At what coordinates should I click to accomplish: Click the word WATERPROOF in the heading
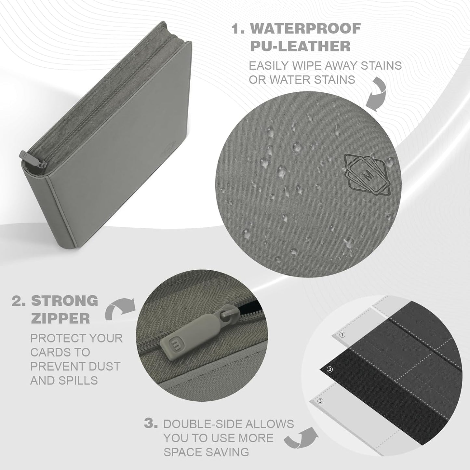306,29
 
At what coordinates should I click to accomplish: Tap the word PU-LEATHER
300,46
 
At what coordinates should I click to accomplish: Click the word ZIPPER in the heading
60,318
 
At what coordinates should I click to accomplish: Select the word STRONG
65,301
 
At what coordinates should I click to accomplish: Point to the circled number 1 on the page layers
342,335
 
